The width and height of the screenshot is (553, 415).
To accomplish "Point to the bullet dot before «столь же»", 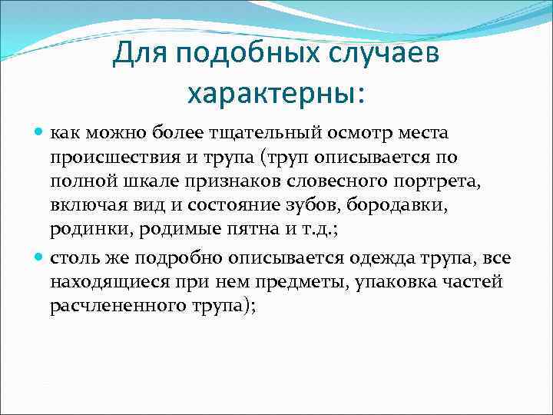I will click(x=41, y=257).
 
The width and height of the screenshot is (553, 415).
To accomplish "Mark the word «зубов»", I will click(x=316, y=207).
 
